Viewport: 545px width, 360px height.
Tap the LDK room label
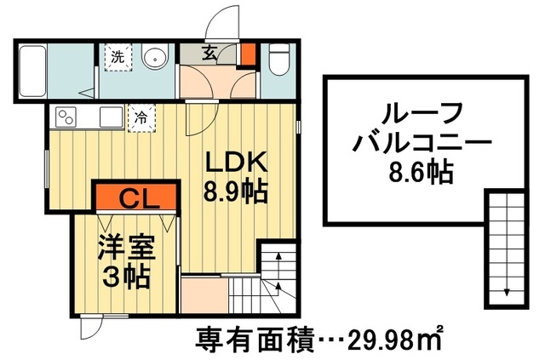click(x=236, y=162)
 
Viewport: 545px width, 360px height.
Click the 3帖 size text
click(x=124, y=277)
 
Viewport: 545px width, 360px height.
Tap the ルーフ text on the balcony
click(x=410, y=112)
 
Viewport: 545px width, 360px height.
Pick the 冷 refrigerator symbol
click(x=141, y=117)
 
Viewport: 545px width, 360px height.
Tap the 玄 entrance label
click(x=209, y=52)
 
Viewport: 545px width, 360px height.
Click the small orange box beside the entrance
click(x=247, y=54)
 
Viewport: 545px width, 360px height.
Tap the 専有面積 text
click(x=243, y=338)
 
